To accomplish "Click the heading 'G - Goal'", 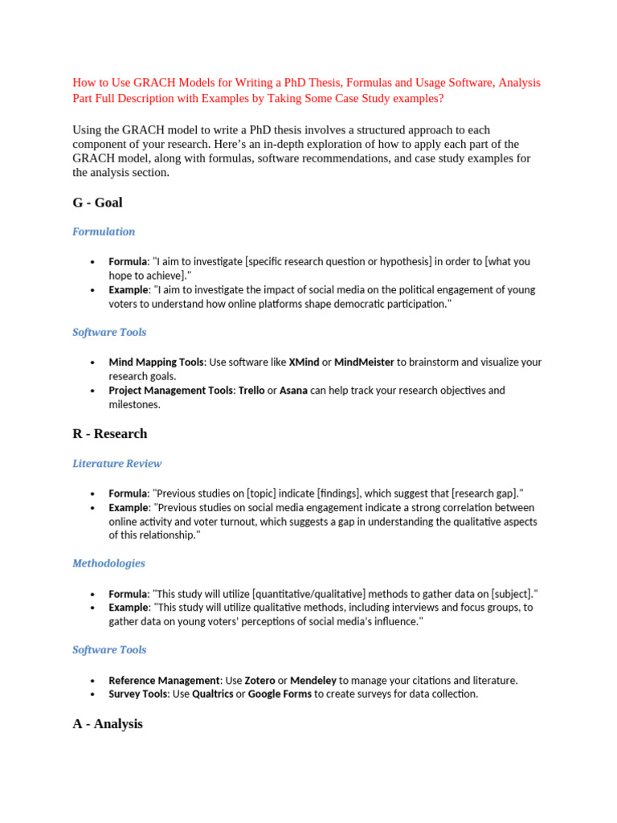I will click(97, 203).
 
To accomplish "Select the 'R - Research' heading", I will click(109, 434).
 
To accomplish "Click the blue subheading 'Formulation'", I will click(104, 231).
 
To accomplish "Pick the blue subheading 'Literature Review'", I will click(116, 464).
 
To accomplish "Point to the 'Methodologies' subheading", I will click(108, 563).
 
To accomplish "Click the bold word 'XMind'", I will click(304, 362).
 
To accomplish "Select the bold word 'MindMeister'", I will click(364, 362).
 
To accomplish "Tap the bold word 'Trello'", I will click(251, 391).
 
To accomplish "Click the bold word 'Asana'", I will click(294, 391).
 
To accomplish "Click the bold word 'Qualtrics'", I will click(213, 694).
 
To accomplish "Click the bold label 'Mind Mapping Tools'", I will click(156, 362).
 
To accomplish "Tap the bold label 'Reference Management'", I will click(164, 680).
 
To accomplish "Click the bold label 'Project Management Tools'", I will click(170, 391).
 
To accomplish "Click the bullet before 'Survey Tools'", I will click(93, 694).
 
